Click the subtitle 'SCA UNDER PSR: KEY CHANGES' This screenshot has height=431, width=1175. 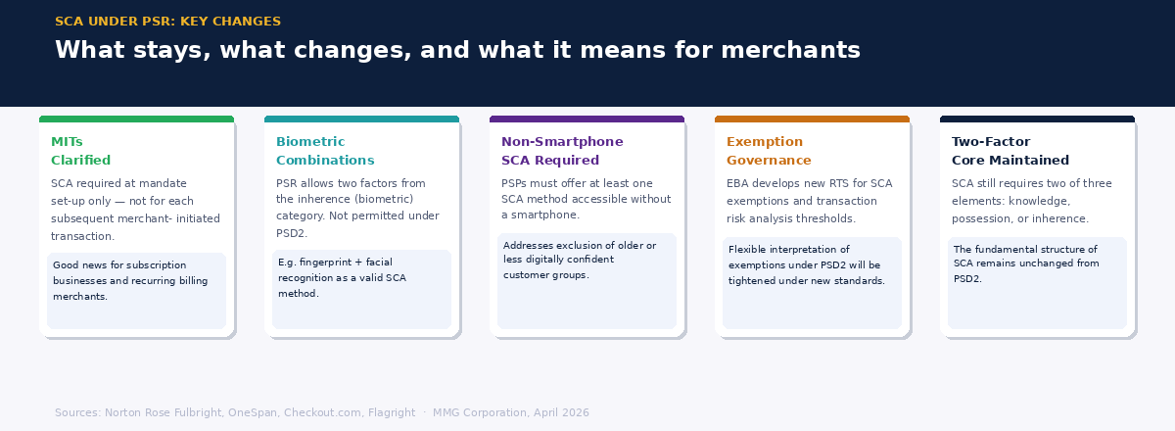pos(167,22)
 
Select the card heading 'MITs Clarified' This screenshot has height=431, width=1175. pos(80,151)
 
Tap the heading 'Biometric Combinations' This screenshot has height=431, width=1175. pos(325,151)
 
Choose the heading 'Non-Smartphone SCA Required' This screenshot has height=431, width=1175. pos(562,151)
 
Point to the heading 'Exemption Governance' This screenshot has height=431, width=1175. pos(769,151)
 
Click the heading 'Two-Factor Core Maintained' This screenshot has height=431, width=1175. pos(1010,151)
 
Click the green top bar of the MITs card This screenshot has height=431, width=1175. pos(136,120)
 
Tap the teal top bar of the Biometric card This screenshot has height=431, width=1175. pos(361,120)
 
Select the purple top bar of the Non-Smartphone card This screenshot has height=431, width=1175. pos(587,120)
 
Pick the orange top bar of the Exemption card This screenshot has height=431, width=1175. pos(812,120)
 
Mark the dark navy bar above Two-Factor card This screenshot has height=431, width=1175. pos(1037,120)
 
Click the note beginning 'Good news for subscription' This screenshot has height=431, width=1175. pos(130,280)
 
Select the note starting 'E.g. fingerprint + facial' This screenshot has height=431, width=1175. pos(342,277)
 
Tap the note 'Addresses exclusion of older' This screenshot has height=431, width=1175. pos(580,260)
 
